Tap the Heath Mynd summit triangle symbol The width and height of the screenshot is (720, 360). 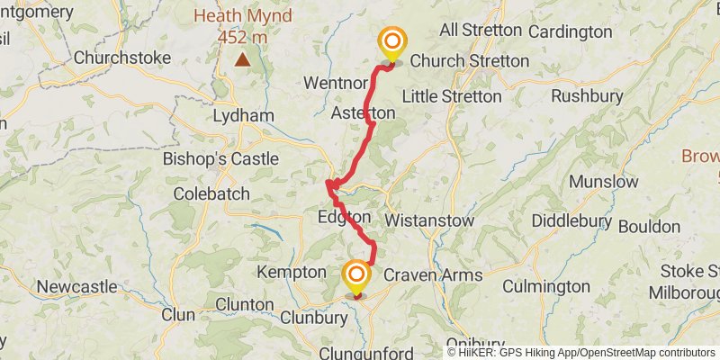(x=242, y=60)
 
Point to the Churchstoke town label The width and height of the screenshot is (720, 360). (x=122, y=58)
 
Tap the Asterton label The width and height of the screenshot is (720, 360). (x=363, y=113)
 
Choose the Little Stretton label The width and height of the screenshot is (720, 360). (x=452, y=96)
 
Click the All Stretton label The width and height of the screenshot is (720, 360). (x=481, y=31)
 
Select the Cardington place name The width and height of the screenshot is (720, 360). (x=571, y=32)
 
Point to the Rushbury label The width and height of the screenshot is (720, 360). (x=587, y=95)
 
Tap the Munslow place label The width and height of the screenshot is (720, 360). (x=603, y=182)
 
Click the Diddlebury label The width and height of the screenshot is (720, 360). (x=573, y=220)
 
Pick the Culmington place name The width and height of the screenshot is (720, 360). (x=545, y=287)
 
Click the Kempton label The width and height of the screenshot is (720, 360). (x=291, y=272)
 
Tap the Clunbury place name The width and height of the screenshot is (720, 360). (x=313, y=318)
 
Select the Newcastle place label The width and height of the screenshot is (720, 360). (x=76, y=287)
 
